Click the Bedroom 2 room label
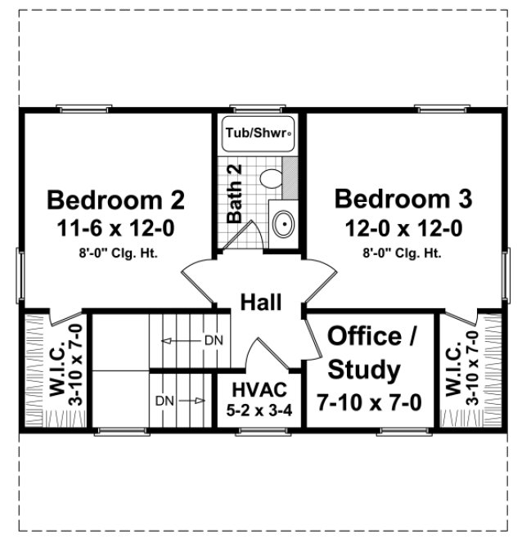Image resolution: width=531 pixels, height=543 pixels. point(115,200)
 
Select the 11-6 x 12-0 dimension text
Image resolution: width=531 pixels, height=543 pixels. point(115,227)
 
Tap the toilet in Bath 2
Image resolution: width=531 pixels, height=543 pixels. point(268,177)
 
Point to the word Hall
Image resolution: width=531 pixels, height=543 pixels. point(261,303)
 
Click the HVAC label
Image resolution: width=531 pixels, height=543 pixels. point(259,388)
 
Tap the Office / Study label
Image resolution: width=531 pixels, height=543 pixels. point(365,353)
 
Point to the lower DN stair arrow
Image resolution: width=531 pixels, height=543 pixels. point(189,401)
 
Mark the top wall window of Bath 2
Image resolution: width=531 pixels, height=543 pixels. point(257,109)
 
